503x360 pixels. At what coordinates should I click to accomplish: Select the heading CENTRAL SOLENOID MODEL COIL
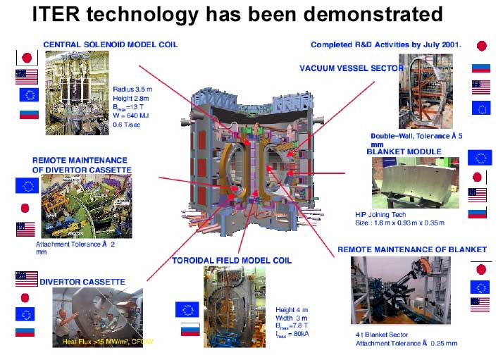(x=110, y=44)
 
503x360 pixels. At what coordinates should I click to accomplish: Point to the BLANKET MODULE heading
(x=404, y=151)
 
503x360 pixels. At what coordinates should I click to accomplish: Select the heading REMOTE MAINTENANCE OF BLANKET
(x=411, y=249)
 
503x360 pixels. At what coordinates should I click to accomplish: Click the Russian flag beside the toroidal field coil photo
(x=190, y=328)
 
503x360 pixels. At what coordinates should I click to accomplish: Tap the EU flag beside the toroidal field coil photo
(x=189, y=309)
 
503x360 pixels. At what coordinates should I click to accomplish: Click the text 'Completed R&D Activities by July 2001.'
(x=386, y=44)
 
